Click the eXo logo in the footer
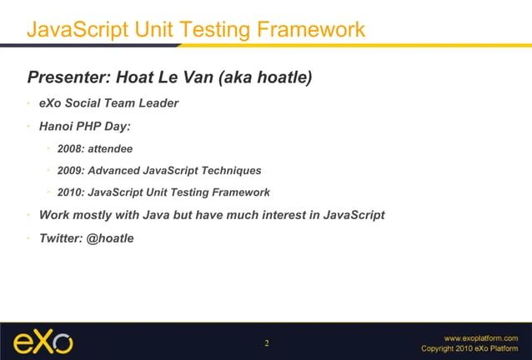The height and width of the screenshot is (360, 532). pos(43,342)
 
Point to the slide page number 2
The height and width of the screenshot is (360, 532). pos(267,343)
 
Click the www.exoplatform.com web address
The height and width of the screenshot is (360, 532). pos(481,337)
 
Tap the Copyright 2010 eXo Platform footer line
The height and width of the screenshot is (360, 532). pos(469,348)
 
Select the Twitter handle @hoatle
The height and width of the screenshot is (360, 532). pos(110,237)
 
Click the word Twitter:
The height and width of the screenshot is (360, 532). pos(61,237)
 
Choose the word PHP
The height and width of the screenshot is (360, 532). pos(94,127)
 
